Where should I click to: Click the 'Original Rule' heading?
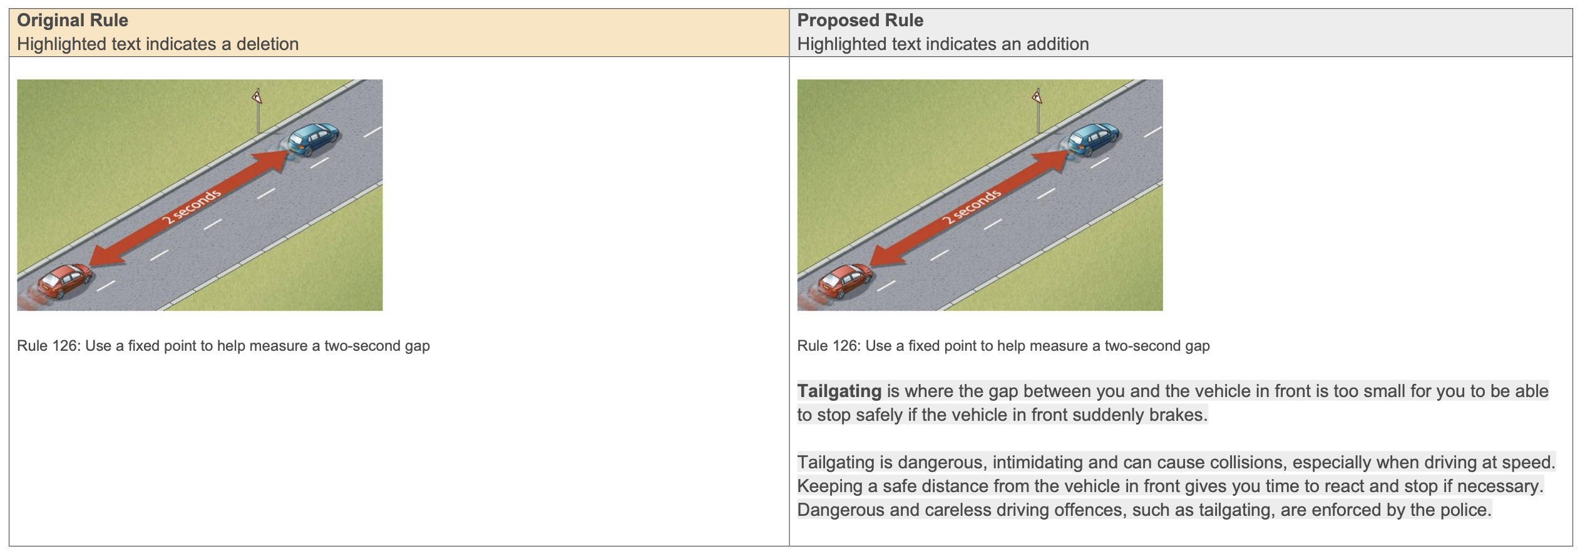(72, 21)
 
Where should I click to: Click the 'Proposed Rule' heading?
(859, 21)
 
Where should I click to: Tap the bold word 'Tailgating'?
(839, 391)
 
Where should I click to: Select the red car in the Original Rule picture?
(63, 281)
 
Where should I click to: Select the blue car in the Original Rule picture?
(314, 139)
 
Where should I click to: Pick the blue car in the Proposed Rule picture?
(1094, 139)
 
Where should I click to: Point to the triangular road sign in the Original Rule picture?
(257, 97)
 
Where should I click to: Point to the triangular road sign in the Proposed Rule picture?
(1037, 97)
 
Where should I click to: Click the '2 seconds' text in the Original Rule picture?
(191, 206)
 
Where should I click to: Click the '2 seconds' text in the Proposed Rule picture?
(972, 206)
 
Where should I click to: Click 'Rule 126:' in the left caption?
(48, 346)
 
